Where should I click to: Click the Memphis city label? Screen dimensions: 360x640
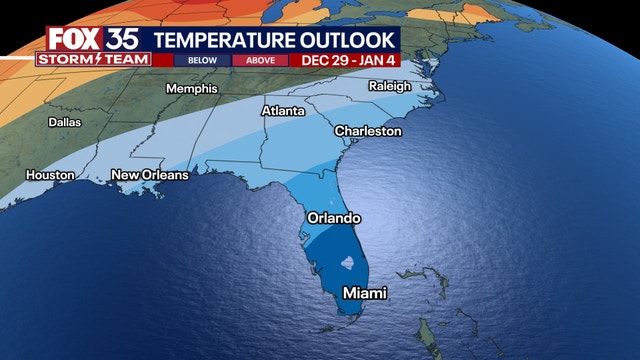click(x=193, y=88)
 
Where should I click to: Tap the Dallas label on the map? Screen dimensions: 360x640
click(x=66, y=123)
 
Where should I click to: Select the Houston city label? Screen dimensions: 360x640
click(x=50, y=175)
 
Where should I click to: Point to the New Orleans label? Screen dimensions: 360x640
click(x=150, y=175)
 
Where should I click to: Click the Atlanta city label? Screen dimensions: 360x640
click(x=283, y=111)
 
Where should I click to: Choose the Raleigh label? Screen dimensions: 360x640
click(x=390, y=87)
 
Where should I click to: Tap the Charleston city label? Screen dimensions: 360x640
click(x=368, y=131)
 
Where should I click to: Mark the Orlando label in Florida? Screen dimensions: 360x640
click(x=332, y=218)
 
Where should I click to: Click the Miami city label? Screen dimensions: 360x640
click(x=364, y=293)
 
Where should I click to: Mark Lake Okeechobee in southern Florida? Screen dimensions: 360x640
click(x=347, y=265)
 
